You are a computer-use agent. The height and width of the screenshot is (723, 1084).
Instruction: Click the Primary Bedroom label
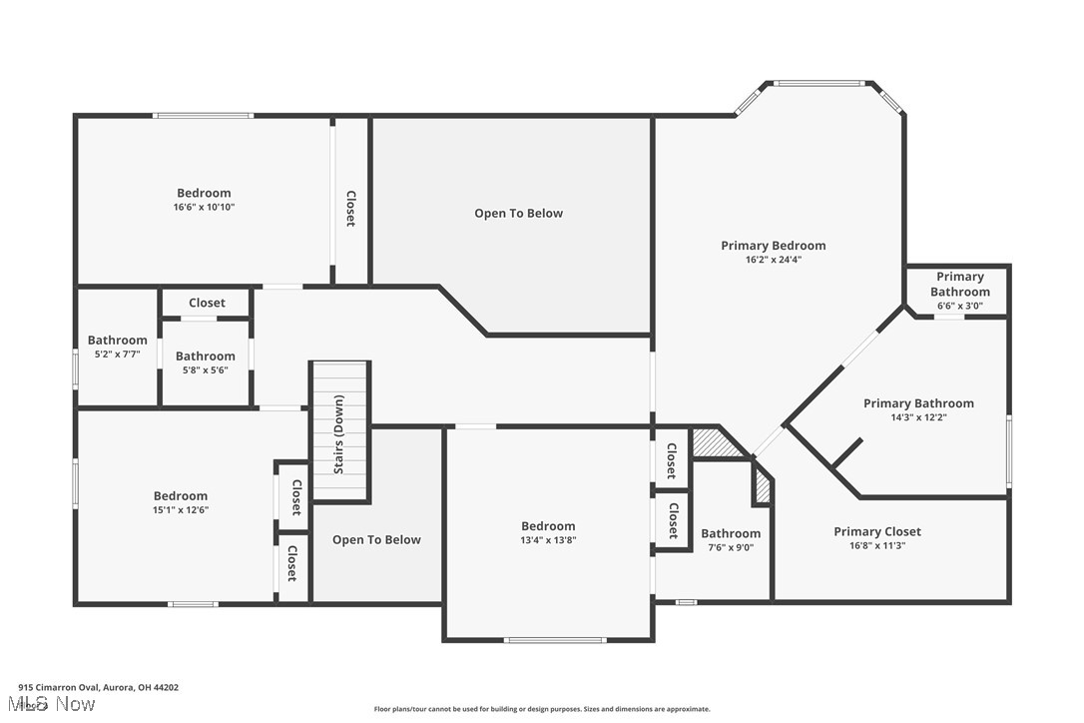pos(773,246)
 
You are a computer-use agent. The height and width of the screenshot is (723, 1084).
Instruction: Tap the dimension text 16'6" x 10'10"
pos(204,208)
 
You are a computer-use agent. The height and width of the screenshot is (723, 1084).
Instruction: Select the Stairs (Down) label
pos(338,434)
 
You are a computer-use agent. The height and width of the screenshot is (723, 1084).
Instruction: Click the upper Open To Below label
pos(518,213)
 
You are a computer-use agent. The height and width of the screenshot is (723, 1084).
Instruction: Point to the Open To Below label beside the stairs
pos(376,540)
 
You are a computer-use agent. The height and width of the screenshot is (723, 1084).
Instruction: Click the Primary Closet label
pos(877,532)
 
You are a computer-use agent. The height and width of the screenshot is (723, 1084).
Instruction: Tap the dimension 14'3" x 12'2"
pos(918,418)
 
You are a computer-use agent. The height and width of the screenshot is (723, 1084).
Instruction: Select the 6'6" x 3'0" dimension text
pos(959,306)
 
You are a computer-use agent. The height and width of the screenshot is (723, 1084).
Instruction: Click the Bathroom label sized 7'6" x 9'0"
pos(731,534)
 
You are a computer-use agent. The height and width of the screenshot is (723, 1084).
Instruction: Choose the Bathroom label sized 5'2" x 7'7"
pos(117,341)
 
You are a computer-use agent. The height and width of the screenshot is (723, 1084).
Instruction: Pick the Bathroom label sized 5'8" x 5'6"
pos(206,357)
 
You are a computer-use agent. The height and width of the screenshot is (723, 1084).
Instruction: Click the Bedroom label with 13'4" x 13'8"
pos(548,526)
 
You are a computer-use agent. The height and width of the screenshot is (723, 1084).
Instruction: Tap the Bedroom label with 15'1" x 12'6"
pos(181,496)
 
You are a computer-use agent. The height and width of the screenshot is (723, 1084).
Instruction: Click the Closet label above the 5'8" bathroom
pos(207,303)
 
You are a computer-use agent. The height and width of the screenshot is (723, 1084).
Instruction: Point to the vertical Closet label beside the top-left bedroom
pos(350,209)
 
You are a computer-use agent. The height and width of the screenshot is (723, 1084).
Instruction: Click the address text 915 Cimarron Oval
pos(98,687)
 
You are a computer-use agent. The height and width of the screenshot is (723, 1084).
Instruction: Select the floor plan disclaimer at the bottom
pos(542,709)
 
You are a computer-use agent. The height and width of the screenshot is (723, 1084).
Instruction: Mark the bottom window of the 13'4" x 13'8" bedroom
pos(554,639)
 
